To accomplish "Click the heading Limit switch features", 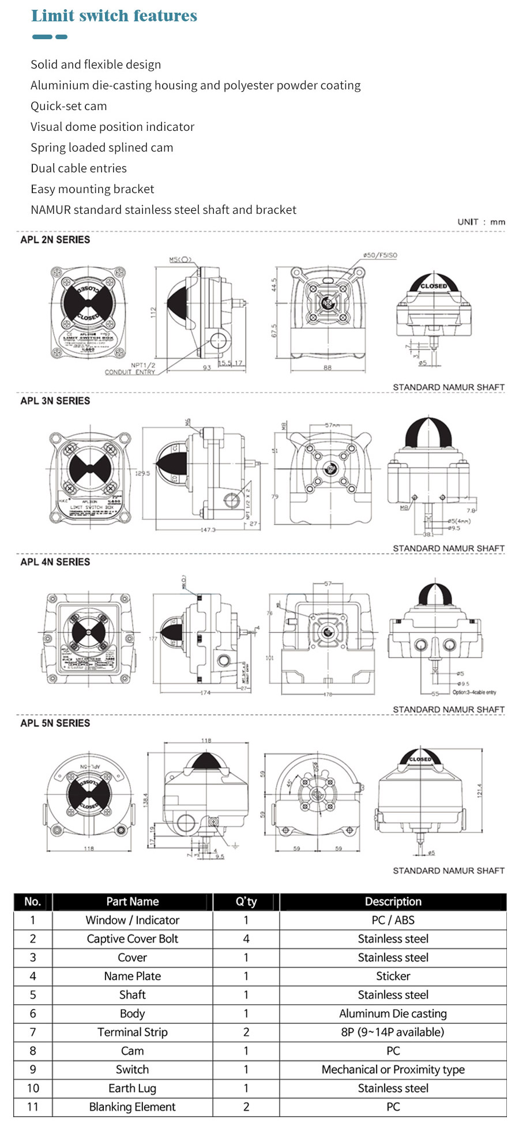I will [114, 16].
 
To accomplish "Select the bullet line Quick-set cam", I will [69, 106].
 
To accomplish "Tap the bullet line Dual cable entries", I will [78, 168].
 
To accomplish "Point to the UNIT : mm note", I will [481, 222].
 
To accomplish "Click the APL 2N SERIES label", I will [55, 240].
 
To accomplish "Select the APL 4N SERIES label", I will [55, 562].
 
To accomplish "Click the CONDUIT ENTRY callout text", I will [130, 372].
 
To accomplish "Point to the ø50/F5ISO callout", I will [380, 255].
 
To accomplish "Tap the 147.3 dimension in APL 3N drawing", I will [208, 529].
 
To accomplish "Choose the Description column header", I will [393, 902].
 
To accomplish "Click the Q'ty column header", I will [246, 902].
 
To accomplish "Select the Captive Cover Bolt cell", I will [132, 939].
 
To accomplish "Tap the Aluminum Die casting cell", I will [393, 1013].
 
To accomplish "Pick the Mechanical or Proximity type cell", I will [393, 1069].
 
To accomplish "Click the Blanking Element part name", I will [132, 1107].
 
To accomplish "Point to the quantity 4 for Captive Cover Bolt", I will [246, 939].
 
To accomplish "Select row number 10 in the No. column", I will [33, 1088].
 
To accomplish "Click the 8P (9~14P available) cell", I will [393, 1032].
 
